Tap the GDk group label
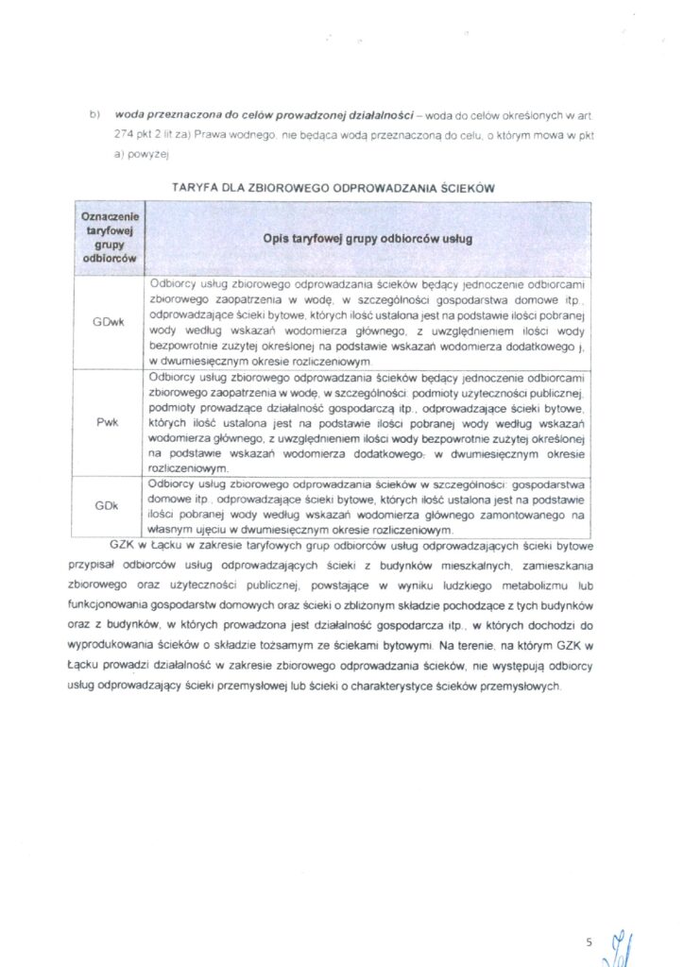pos(106,505)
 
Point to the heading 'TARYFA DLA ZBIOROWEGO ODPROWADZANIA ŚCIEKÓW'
pos(333,189)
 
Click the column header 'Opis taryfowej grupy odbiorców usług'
pos(368,239)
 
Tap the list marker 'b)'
pos(94,114)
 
